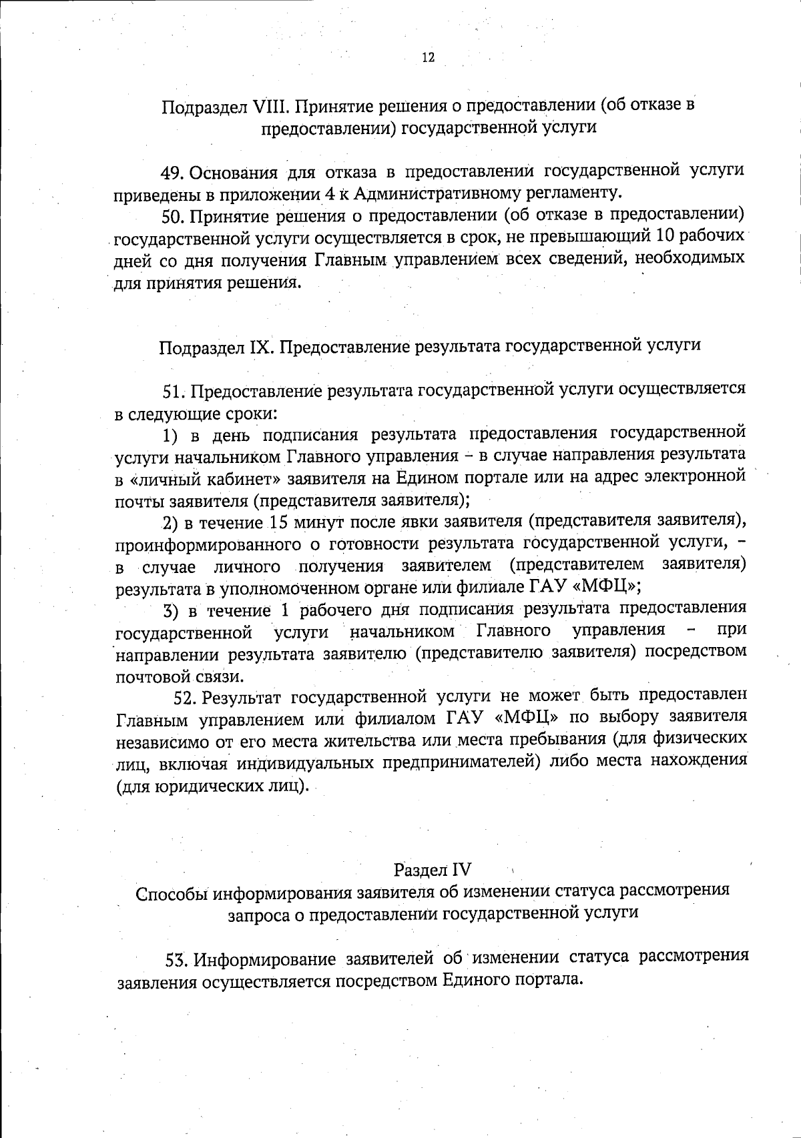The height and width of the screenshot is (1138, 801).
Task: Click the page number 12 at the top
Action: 429,57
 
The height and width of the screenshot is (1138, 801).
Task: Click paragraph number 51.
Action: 174,390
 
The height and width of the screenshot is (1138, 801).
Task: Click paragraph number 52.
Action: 186,698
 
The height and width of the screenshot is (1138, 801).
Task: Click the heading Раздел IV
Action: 433,870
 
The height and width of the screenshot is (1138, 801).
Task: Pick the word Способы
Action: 171,893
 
